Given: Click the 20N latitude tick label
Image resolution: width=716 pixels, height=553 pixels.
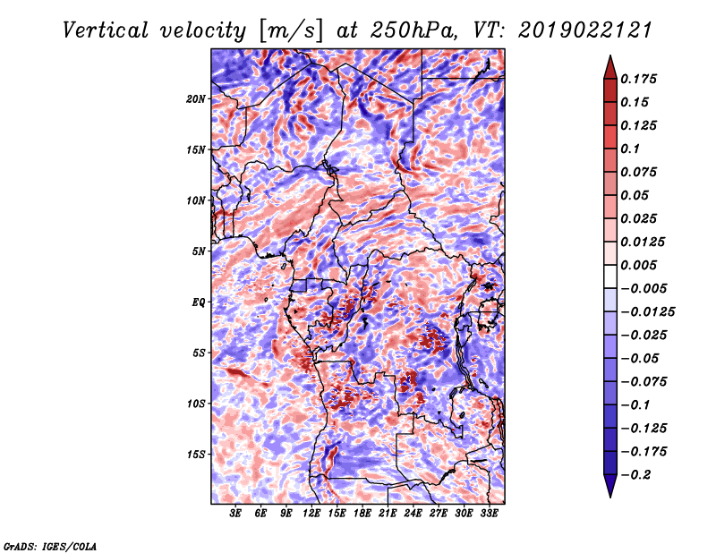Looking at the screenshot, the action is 196,99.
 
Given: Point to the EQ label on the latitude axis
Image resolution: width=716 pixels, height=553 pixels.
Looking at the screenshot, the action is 198,302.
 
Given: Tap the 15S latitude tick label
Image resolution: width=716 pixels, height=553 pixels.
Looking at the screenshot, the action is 196,455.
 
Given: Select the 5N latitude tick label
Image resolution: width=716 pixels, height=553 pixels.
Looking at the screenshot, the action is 199,251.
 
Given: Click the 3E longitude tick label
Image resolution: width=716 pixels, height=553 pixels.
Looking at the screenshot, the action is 235,514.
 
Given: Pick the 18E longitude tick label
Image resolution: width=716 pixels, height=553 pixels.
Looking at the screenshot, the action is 362,514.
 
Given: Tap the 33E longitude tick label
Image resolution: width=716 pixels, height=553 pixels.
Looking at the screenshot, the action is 489,514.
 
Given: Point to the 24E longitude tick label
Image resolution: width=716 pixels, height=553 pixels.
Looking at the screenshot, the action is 413,514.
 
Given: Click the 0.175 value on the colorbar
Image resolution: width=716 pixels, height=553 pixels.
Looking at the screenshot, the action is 638,79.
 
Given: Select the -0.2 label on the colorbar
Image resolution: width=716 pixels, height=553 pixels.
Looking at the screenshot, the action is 635,475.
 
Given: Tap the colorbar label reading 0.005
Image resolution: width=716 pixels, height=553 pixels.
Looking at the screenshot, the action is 638,265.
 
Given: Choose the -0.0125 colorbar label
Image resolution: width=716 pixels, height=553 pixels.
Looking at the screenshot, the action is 647,312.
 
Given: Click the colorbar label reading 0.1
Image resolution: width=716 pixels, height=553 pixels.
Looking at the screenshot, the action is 630,149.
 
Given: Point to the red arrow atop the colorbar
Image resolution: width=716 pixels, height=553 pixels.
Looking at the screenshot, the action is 610,68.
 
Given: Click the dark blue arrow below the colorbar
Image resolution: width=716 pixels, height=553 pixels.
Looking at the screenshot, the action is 610,486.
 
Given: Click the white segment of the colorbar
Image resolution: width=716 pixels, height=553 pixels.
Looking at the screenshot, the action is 610,276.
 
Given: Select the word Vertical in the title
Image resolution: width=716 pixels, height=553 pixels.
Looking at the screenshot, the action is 106,30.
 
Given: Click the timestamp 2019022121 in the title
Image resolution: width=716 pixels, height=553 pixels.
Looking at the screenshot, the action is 585,30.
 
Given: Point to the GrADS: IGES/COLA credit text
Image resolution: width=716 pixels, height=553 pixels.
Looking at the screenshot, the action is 50,547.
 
